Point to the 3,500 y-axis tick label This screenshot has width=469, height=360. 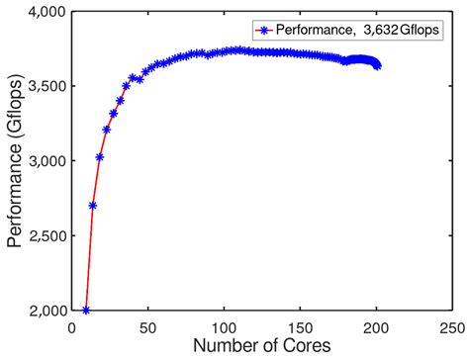pyautogui.click(x=43, y=86)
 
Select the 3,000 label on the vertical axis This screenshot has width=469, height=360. pyautogui.click(x=43, y=160)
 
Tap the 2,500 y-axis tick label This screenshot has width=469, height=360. pyautogui.click(x=43, y=235)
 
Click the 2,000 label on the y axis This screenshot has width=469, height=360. pyautogui.click(x=43, y=310)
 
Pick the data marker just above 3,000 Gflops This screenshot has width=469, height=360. pyautogui.click(x=100, y=156)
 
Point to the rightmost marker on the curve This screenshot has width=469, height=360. pyautogui.click(x=377, y=66)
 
